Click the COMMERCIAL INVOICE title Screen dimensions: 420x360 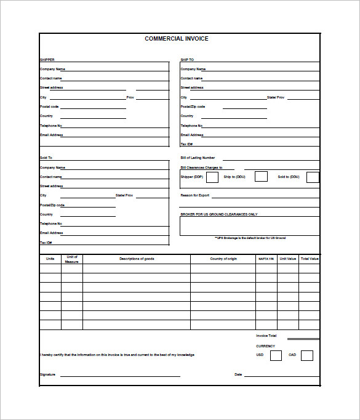(x=177, y=39)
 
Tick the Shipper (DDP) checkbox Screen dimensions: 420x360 (x=212, y=177)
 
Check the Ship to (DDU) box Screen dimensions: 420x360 (x=261, y=177)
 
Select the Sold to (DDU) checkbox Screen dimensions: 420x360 (x=313, y=177)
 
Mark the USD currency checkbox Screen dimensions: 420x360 (x=276, y=355)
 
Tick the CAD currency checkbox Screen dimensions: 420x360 (x=307, y=355)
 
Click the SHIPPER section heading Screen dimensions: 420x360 (x=47, y=60)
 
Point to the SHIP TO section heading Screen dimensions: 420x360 (x=187, y=60)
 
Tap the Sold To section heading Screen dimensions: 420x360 (x=46, y=158)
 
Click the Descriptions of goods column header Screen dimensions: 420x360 (x=137, y=259)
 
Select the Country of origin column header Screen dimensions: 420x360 (x=223, y=259)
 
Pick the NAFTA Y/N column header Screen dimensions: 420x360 (x=265, y=259)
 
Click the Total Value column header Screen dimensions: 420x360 (x=310, y=259)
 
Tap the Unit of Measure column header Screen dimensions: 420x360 (x=72, y=259)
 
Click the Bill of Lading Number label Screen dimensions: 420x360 (x=198, y=158)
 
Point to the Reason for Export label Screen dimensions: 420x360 (x=194, y=195)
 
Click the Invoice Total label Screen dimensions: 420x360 (x=266, y=336)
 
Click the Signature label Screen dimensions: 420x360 (x=47, y=374)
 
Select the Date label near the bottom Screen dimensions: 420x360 (x=238, y=374)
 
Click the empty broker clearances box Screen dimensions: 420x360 (x=249, y=226)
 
